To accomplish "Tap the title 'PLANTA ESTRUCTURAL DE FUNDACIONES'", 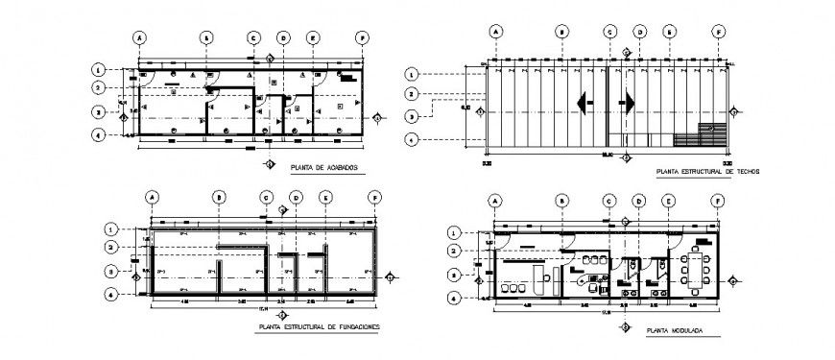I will (318, 326).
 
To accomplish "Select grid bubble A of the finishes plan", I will (139, 37).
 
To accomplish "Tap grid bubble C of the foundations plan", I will (266, 198).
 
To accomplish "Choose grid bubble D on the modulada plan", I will (639, 201).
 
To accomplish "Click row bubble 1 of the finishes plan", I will (99, 70).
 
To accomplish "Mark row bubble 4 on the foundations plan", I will (111, 294).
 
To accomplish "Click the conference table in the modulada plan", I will (695, 270).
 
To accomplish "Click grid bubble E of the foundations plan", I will (326, 198).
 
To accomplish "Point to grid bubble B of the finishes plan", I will (205, 37).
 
